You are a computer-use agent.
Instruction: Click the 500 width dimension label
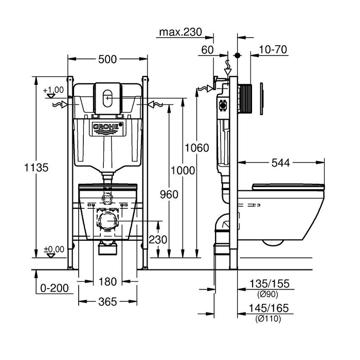107,59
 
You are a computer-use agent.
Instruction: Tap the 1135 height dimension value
23,168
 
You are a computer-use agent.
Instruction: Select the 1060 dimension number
197,148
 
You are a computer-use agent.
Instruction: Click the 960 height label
169,194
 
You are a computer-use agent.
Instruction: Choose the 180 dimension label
107,282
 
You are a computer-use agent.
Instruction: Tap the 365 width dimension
107,301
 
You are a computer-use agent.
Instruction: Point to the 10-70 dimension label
273,50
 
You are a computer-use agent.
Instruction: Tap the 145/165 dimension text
268,309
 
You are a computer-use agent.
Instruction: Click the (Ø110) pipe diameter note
268,319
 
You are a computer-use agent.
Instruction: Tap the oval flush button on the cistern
107,96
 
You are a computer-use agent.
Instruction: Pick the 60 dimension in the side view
207,50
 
